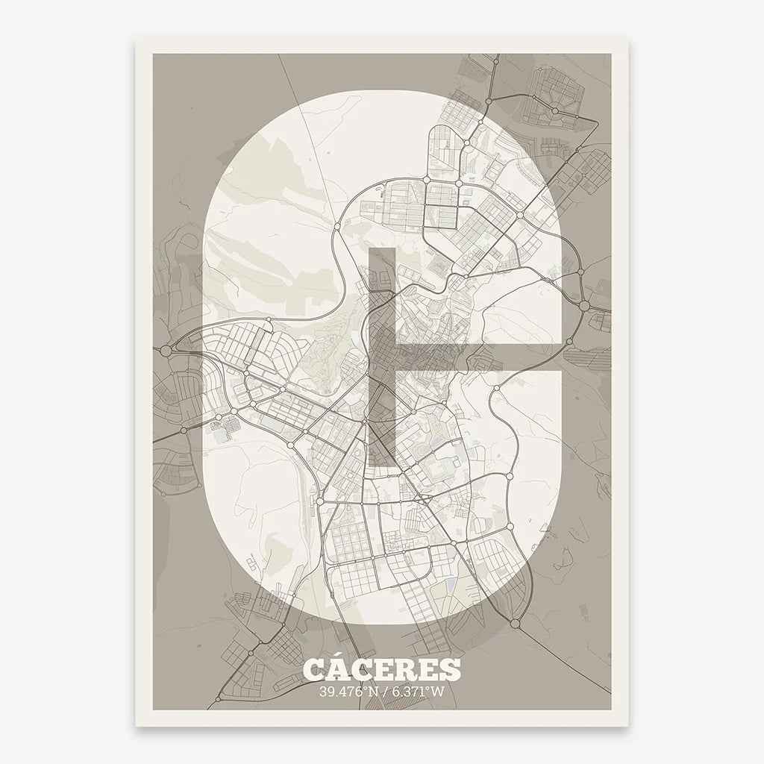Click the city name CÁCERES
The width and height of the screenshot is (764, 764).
(382, 668)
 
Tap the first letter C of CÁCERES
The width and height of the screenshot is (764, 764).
(314, 669)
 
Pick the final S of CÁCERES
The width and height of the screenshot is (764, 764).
(450, 669)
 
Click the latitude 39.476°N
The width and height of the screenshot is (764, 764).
(348, 691)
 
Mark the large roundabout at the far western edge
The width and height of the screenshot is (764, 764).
(165, 349)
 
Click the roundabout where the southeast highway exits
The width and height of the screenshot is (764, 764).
(515, 621)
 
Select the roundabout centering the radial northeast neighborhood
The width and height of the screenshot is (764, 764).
(555, 111)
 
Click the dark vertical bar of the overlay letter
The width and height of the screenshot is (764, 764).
(382, 358)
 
